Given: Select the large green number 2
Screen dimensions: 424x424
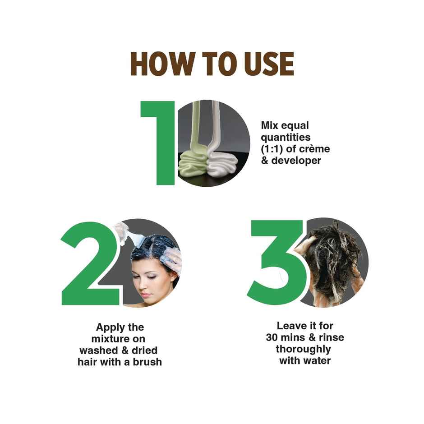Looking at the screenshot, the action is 91,264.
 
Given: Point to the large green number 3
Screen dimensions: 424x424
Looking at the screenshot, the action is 277,263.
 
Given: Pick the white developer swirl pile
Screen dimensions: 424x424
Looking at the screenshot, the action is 222,163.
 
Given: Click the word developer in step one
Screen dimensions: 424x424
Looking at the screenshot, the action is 296,161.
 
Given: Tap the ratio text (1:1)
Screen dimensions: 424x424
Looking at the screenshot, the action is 272,149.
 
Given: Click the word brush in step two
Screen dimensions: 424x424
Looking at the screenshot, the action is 147,362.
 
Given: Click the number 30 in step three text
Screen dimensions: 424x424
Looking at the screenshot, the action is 272,337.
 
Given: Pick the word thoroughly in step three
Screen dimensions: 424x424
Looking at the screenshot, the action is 304,349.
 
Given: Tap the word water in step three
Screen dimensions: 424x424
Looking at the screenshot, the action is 318,361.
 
